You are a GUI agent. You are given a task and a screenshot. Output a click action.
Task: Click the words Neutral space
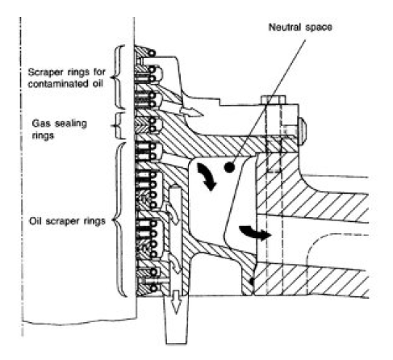[x=300, y=27]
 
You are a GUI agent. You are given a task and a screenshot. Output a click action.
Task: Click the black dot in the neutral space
[x=229, y=168]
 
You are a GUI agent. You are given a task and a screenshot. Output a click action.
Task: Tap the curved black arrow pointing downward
[x=207, y=178]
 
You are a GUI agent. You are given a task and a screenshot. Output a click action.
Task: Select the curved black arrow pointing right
[x=255, y=232]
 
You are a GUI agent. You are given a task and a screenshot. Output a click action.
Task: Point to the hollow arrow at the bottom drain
[x=176, y=302]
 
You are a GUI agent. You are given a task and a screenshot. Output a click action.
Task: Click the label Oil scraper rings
[x=67, y=221]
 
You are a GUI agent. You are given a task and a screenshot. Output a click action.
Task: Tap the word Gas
[x=41, y=123]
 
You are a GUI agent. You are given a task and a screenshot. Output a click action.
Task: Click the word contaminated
[x=58, y=84]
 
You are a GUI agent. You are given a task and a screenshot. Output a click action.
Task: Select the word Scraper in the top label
[x=45, y=73]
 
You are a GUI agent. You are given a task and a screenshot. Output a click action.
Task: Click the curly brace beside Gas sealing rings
[x=116, y=126]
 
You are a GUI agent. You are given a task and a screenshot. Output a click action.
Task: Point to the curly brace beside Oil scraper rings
[x=119, y=220]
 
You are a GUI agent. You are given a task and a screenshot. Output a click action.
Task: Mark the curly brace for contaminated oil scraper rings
[x=117, y=77]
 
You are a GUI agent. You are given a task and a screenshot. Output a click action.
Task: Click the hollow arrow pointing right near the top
[x=191, y=111]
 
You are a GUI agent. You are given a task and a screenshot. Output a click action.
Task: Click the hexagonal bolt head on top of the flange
[x=273, y=99]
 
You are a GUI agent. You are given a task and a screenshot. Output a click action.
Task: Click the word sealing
[x=71, y=123]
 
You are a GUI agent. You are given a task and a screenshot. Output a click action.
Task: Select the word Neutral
[x=285, y=27]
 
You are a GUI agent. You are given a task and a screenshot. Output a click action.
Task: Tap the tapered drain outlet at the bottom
[x=176, y=320]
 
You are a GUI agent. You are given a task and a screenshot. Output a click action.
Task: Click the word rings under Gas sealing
[x=43, y=136]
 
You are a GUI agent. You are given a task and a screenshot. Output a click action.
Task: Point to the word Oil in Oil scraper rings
[x=36, y=221]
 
